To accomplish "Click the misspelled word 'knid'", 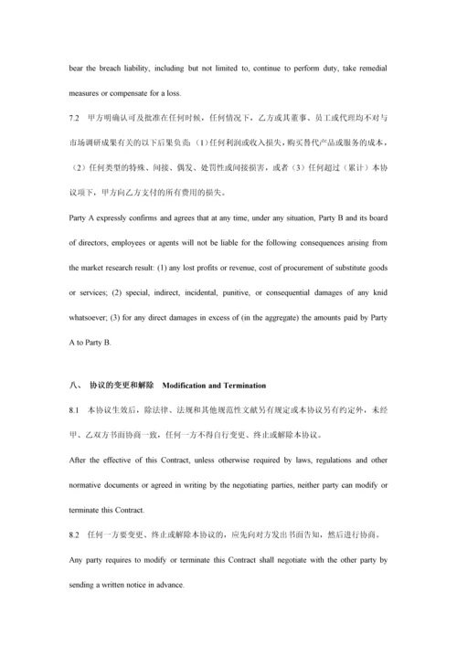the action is pos(377,293).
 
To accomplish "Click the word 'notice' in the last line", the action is pos(149,582).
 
